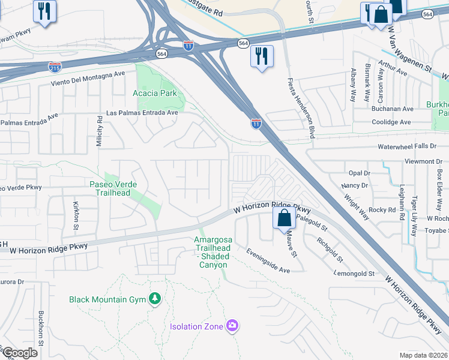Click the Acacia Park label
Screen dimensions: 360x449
(154, 93)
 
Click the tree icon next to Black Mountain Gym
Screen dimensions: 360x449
(155, 299)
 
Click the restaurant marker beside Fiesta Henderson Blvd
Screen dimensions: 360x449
(262, 56)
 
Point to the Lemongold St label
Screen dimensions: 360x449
(354, 274)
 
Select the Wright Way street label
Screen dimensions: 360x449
(356, 203)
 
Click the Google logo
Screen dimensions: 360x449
(20, 352)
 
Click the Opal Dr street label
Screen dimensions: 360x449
(360, 173)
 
